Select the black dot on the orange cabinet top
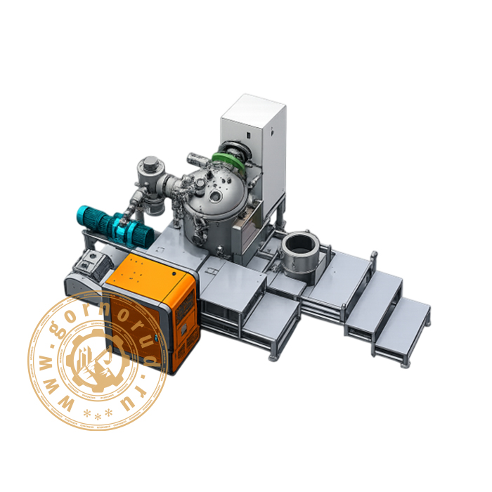[174, 273]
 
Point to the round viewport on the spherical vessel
[216, 196]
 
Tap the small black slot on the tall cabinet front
[248, 136]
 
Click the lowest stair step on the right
[403, 326]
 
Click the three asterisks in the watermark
[98, 414]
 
